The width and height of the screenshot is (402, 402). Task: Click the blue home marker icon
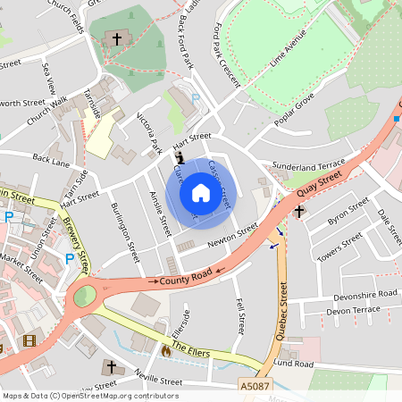[x=201, y=193]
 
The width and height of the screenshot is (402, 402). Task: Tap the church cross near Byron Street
[x=299, y=212]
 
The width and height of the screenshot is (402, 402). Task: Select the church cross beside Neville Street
[x=111, y=366]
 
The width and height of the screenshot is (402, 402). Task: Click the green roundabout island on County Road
[x=84, y=294]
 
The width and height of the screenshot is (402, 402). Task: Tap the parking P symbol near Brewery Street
[x=69, y=259]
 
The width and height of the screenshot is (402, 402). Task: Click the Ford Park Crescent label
[x=228, y=56]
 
